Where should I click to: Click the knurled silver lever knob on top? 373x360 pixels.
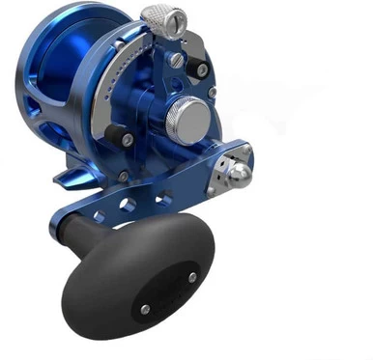coord(162,18)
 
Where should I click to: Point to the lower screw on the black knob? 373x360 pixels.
coord(145,308)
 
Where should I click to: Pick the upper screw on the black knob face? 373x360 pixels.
coord(192,277)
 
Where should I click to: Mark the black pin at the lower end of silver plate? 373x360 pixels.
coord(127,140)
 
